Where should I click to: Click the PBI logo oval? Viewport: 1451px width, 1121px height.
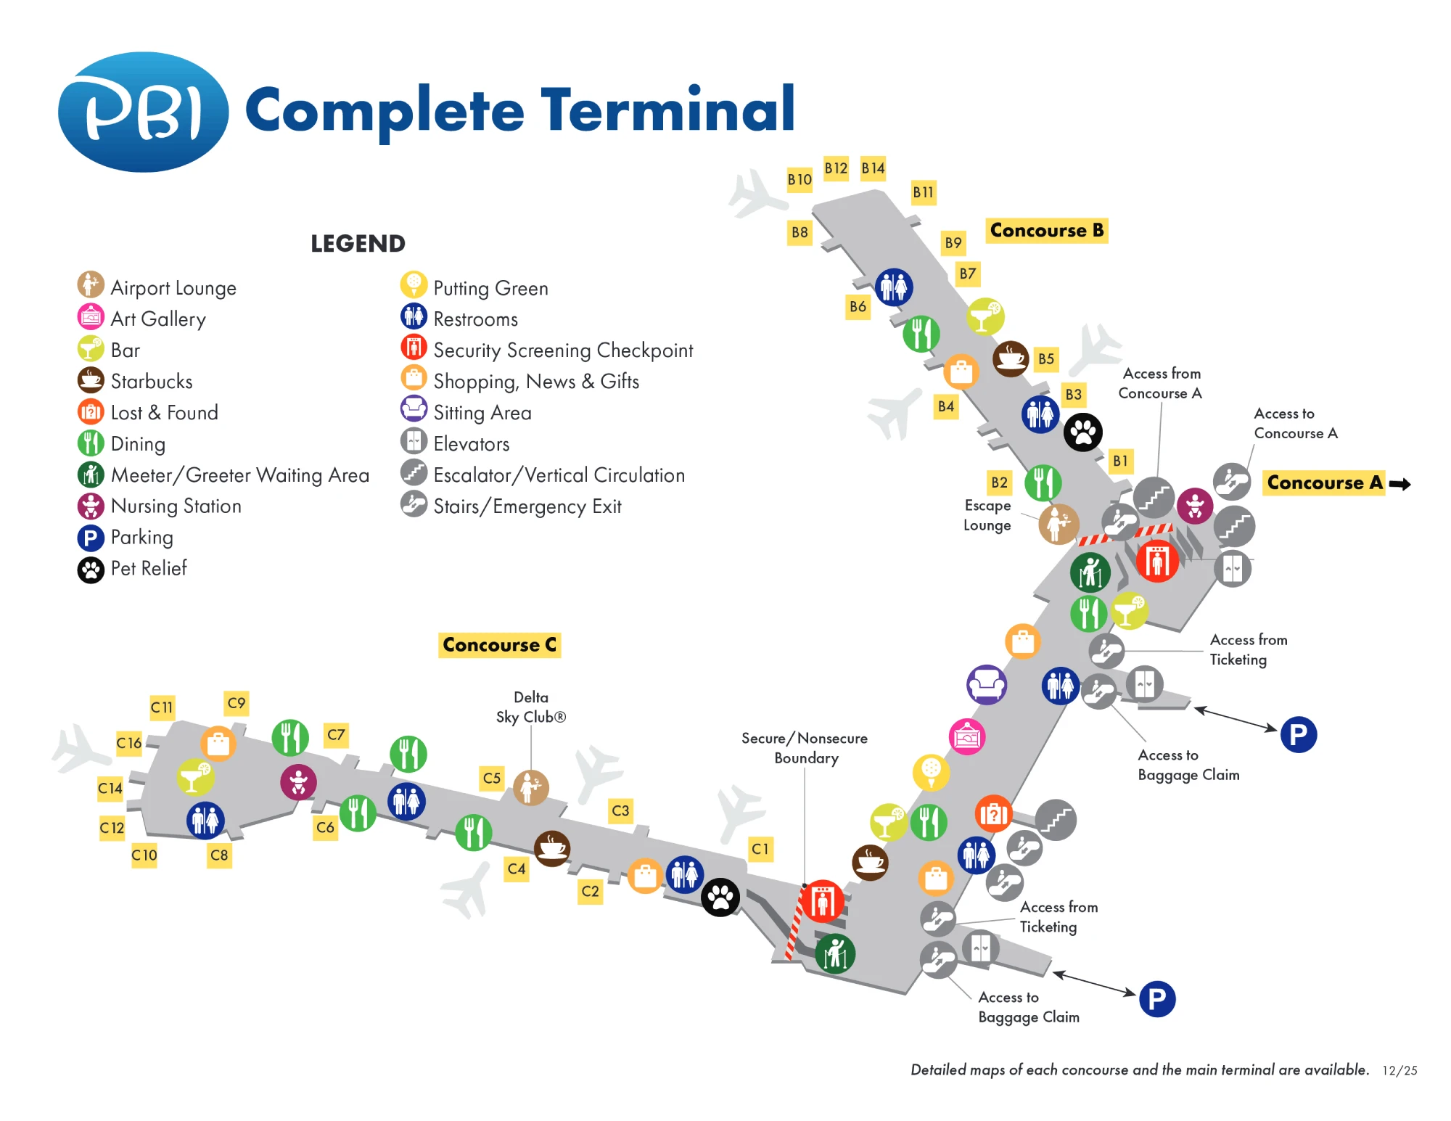pyautogui.click(x=143, y=112)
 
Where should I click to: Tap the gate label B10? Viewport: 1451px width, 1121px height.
pyautogui.click(x=800, y=179)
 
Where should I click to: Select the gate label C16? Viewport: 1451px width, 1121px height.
pyautogui.click(x=129, y=743)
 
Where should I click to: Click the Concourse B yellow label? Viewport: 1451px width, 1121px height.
pyautogui.click(x=1046, y=231)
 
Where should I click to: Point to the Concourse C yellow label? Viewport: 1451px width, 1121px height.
pyautogui.click(x=499, y=645)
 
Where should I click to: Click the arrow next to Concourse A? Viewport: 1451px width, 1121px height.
pyautogui.click(x=1400, y=484)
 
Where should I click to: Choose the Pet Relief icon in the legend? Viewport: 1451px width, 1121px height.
pyautogui.click(x=91, y=570)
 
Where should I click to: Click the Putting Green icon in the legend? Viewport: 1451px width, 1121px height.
pyautogui.click(x=414, y=285)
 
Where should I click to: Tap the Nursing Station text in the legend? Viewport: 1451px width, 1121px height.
pyautogui.click(x=176, y=506)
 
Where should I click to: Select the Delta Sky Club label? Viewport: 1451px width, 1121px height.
pyautogui.click(x=530, y=707)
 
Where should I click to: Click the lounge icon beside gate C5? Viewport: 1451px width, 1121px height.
pyautogui.click(x=531, y=787)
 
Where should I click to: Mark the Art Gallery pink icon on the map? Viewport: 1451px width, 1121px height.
pyautogui.click(x=967, y=737)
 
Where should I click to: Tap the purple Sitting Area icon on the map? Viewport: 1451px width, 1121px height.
pyautogui.click(x=987, y=684)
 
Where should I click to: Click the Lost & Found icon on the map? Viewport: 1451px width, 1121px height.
pyautogui.click(x=993, y=814)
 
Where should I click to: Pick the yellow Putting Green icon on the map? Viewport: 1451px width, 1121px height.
pyautogui.click(x=931, y=771)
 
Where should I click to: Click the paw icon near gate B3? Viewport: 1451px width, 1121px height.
pyautogui.click(x=1082, y=432)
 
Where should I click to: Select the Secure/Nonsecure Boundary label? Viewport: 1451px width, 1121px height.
pyautogui.click(x=805, y=748)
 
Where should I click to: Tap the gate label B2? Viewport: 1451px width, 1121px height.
pyautogui.click(x=999, y=483)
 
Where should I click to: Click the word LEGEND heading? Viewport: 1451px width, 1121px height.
pyautogui.click(x=358, y=244)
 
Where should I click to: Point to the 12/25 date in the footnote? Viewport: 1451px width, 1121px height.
pyautogui.click(x=1399, y=1070)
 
